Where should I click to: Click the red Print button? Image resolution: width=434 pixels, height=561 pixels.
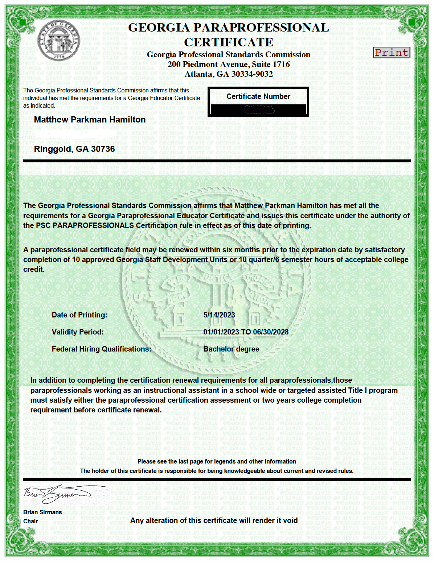[x=392, y=53]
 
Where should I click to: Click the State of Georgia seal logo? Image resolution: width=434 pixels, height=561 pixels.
[x=59, y=41]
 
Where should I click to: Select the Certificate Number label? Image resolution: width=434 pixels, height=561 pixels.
[x=258, y=96]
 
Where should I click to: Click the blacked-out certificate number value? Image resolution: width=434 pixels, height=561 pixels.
[x=258, y=109]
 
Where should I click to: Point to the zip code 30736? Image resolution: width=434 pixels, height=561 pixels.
[x=103, y=149]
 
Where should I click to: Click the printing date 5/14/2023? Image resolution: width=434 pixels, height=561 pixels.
[x=219, y=315]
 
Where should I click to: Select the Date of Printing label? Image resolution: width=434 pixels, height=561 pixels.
[x=79, y=315]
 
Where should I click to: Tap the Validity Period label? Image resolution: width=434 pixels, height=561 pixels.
[x=78, y=332]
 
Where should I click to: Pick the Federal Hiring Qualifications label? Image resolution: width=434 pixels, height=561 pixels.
[x=102, y=349]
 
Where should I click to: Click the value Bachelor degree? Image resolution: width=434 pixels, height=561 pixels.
[x=231, y=349]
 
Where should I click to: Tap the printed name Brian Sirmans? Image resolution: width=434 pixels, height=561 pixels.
[x=42, y=512]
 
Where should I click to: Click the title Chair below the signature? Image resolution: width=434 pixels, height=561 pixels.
[x=30, y=521]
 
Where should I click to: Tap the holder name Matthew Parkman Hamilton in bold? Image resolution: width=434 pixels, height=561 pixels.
[x=90, y=120]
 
